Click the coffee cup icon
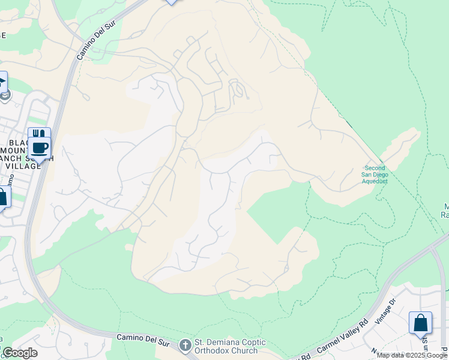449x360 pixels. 40,148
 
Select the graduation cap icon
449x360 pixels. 2,82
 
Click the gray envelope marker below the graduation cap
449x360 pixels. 5,95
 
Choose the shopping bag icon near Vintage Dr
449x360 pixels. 420,323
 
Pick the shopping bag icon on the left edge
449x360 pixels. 2,197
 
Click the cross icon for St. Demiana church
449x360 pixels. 185,345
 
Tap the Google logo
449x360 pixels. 20,353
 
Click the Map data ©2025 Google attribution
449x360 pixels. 412,355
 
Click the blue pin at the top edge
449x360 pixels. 172,2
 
